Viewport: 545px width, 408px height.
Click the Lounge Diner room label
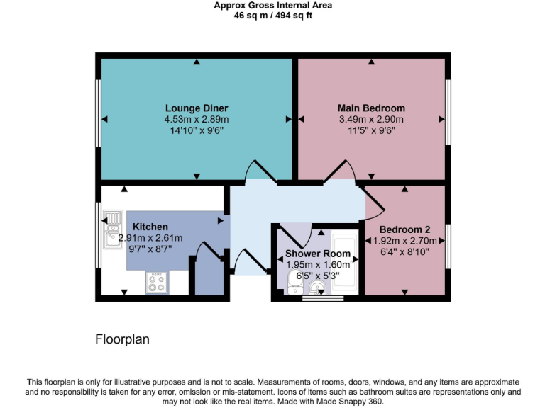coord(197,108)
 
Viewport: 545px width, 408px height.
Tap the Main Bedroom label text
coord(371,108)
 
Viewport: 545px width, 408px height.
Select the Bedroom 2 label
coord(404,229)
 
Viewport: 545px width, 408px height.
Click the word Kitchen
coord(150,227)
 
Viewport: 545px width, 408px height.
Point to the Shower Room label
coord(317,254)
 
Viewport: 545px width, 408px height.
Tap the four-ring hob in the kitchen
coord(156,283)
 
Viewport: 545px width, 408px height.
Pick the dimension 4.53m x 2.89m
coord(197,120)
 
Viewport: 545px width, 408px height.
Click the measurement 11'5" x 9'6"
coord(371,130)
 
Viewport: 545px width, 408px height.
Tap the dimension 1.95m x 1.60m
coord(317,264)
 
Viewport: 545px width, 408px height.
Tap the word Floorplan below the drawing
coord(123,339)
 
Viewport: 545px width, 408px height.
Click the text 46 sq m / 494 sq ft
coord(273,16)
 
